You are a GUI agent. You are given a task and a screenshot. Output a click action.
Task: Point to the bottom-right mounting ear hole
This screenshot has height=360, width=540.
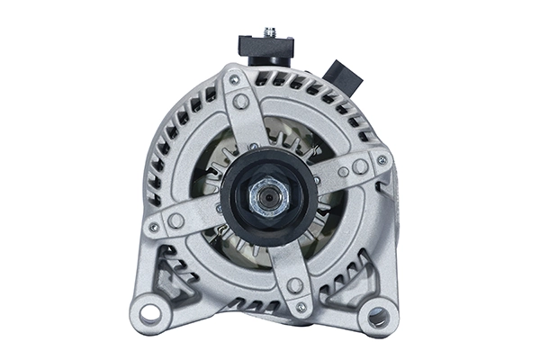pos(378,317)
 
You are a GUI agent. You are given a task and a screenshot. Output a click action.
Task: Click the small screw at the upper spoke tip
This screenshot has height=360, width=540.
pos(234,80)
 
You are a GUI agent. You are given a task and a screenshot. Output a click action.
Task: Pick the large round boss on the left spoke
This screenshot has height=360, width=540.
pos(176,220)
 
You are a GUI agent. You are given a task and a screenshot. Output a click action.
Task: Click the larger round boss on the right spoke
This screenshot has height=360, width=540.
pos(360,166)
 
